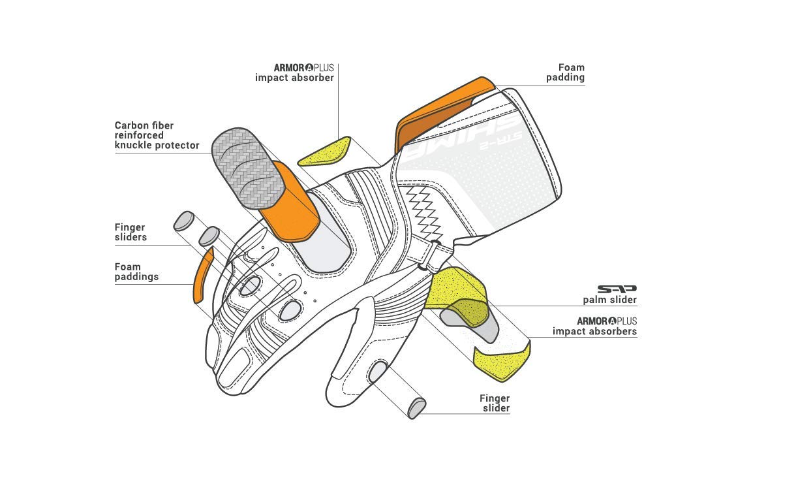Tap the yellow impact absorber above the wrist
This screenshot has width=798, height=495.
click(x=325, y=152)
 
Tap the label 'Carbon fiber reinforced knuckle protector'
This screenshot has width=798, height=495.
click(x=157, y=135)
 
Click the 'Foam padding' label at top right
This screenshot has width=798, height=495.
click(x=566, y=72)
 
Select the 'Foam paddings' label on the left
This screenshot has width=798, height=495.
click(x=136, y=272)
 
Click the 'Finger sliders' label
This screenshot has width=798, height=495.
click(x=130, y=232)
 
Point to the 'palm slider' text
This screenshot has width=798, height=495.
click(x=609, y=300)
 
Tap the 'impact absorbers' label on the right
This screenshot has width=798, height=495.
click(x=594, y=331)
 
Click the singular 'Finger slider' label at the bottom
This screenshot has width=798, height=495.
click(x=495, y=403)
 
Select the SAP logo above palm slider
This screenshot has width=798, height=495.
click(x=617, y=289)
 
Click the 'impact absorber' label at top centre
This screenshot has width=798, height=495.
click(x=294, y=78)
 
